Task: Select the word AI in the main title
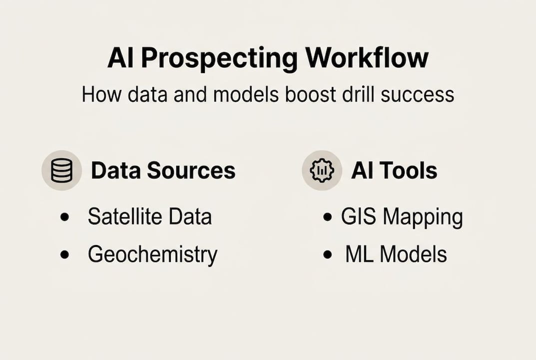pyautogui.click(x=120, y=57)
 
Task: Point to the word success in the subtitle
pyautogui.click(x=418, y=95)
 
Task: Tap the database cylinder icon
pyautogui.click(x=61, y=170)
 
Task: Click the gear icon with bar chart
pyautogui.click(x=322, y=170)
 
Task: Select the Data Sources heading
pyautogui.click(x=163, y=170)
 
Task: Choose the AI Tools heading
pyautogui.click(x=394, y=170)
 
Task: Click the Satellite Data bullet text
pyautogui.click(x=150, y=216)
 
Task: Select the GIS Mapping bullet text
pyautogui.click(x=402, y=217)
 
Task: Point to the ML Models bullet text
pyautogui.click(x=396, y=254)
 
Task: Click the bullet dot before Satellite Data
pyautogui.click(x=64, y=217)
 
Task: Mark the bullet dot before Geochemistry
pyautogui.click(x=64, y=254)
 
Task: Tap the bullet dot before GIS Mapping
pyautogui.click(x=327, y=217)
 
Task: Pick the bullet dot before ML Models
pyautogui.click(x=327, y=254)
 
